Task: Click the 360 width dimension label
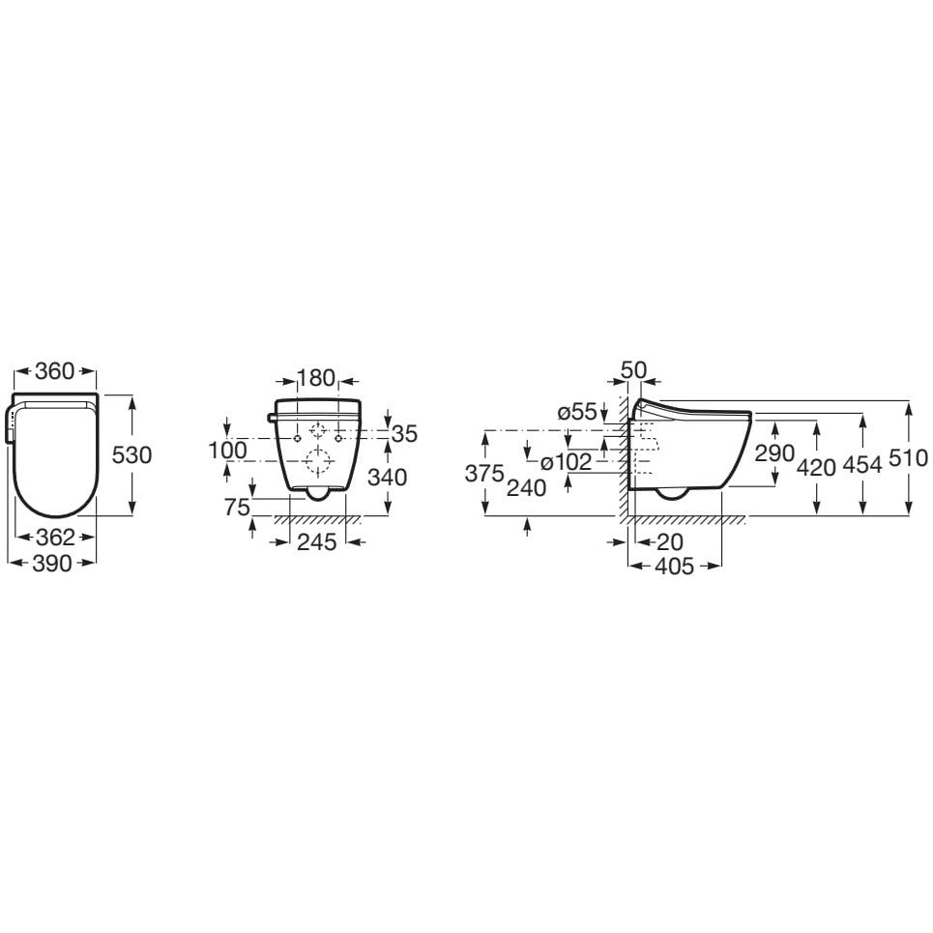coord(55,371)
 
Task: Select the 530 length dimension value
coord(132,454)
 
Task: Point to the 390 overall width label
coord(52,565)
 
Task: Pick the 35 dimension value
coord(404,434)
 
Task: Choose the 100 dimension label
coord(227,450)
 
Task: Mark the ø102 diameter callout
coord(566,462)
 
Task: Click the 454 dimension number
coord(861,465)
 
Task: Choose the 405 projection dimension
coord(673,567)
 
